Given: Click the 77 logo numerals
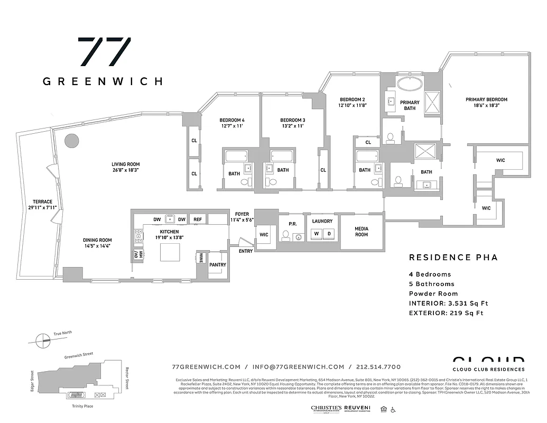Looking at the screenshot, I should point(104,52).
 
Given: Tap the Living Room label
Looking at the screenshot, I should point(125,164).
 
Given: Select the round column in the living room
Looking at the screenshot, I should point(71,141).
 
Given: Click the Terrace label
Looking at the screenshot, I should point(42,201).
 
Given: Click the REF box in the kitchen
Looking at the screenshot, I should point(197,219).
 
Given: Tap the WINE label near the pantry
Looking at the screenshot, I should point(201,258).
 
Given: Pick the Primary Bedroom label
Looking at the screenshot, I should point(486,99).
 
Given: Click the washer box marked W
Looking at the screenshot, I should point(317,233).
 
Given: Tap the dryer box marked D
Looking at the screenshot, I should point(328,233).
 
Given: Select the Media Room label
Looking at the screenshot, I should point(361,232).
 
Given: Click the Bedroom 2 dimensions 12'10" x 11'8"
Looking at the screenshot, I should point(353,106).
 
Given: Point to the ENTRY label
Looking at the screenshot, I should point(246,251).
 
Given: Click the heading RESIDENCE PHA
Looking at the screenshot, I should point(453,258).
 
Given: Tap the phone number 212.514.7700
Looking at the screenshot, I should point(377,367).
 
